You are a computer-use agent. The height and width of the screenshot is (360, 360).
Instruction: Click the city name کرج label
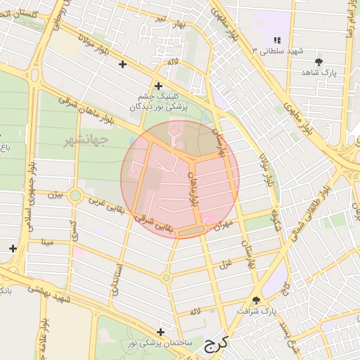218,345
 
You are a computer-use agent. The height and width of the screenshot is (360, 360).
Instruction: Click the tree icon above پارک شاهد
319,63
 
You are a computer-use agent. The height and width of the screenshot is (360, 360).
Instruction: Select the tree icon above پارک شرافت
257,300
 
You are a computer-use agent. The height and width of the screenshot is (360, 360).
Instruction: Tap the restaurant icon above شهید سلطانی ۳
277,41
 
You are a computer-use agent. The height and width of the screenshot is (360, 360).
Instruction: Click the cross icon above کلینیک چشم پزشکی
159,86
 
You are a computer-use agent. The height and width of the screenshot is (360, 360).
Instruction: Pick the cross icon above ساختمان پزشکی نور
161,332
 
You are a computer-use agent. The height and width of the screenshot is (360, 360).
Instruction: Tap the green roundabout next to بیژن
75,196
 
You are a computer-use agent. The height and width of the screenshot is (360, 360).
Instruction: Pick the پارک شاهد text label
321,73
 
